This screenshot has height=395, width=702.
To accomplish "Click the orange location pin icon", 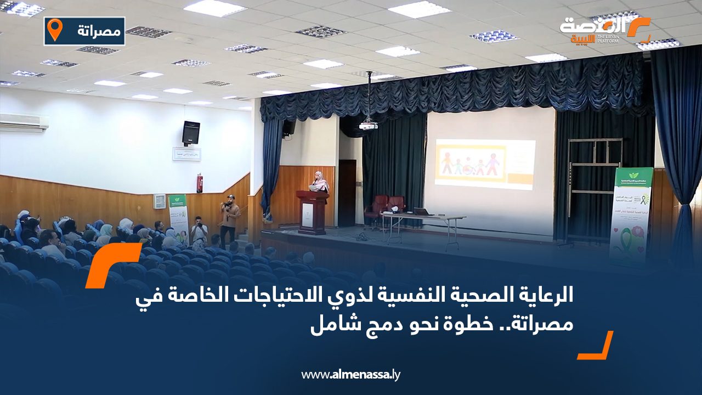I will tap(54, 30).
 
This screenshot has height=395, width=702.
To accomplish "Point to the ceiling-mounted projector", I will tap(369, 126).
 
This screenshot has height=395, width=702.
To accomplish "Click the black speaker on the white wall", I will tap(191, 133).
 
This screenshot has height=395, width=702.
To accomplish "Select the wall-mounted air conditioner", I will tap(24, 122).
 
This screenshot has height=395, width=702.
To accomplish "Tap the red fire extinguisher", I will tap(200, 183).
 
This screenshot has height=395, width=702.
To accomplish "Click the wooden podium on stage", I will tap(312, 212).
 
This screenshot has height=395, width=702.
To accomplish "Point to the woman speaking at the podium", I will tap(319, 182).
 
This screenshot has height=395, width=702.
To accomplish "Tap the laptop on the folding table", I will tap(422, 212).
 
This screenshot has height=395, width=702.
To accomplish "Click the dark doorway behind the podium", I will tap(347, 193).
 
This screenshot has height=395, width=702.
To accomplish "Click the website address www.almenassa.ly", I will tap(351, 375).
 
